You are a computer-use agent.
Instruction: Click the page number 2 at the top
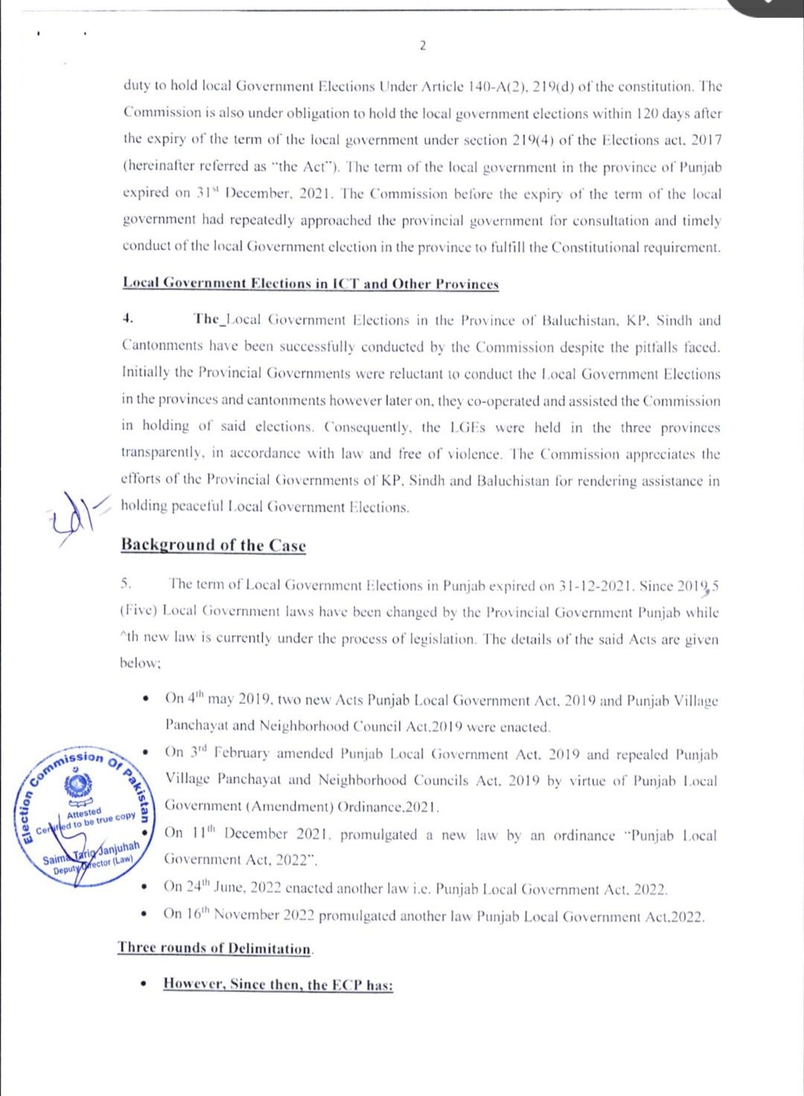423,46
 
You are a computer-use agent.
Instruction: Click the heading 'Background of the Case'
213,545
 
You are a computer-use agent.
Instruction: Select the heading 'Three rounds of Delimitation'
214,948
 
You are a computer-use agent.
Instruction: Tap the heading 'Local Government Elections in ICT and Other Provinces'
310,284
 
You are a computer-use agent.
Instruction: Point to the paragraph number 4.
128,319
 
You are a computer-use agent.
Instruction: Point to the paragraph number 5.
127,584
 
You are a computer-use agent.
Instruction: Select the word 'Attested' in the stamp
83,812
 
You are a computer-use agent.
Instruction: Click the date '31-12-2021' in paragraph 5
593,586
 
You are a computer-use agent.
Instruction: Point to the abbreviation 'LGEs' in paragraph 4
468,427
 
